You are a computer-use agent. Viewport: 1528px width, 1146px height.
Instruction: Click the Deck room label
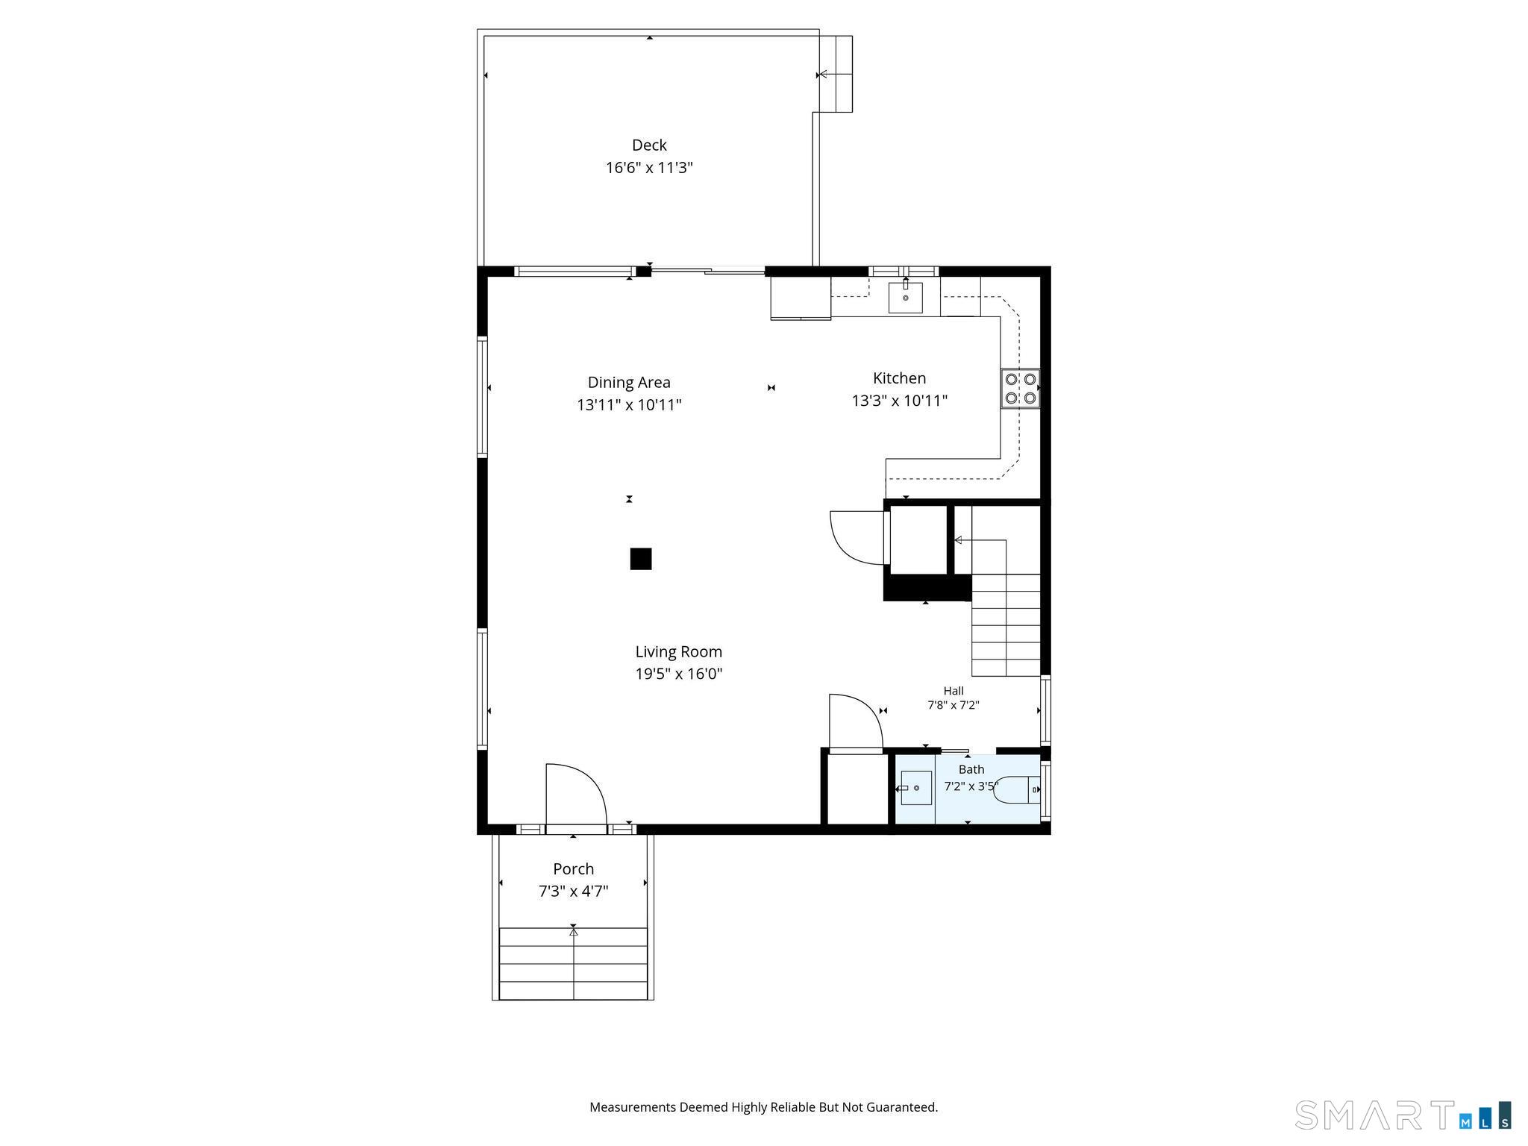click(x=649, y=145)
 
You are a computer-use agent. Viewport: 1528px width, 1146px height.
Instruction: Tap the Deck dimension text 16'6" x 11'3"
click(x=649, y=168)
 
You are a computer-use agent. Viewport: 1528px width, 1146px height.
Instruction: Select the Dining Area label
click(x=629, y=382)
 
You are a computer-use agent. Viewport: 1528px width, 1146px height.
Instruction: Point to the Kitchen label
click(x=900, y=378)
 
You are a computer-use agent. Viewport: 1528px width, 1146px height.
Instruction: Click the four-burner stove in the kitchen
click(x=1020, y=389)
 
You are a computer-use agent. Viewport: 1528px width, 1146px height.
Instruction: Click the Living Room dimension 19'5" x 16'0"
click(x=679, y=674)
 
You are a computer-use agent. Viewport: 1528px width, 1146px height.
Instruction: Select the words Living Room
click(x=679, y=651)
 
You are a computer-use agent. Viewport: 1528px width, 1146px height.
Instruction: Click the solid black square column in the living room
click(x=641, y=559)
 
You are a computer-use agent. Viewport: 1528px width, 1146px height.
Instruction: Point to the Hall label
click(x=954, y=691)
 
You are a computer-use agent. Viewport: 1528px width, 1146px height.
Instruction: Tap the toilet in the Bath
click(x=1017, y=790)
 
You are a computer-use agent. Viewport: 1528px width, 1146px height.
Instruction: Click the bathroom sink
click(x=916, y=789)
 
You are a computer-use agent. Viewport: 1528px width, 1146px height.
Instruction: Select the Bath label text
click(x=971, y=769)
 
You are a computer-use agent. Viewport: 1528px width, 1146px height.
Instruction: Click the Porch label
click(x=574, y=869)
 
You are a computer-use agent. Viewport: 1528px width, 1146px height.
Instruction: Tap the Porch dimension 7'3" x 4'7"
click(x=574, y=892)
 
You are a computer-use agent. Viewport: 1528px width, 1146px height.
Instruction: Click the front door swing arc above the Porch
click(x=592, y=778)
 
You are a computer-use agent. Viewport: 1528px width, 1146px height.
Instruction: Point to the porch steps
click(x=573, y=963)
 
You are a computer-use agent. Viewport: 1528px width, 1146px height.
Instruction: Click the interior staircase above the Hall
click(x=1006, y=625)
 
